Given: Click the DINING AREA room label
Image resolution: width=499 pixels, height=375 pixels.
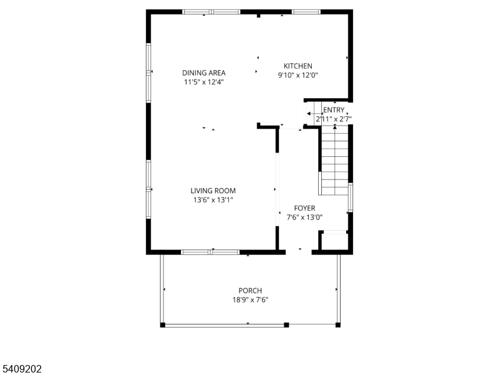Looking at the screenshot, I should pyautogui.click(x=204, y=72).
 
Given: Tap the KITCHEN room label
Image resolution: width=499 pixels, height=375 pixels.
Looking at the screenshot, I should pyautogui.click(x=298, y=66).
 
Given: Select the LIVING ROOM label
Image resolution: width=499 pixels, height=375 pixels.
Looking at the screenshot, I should pyautogui.click(x=213, y=191).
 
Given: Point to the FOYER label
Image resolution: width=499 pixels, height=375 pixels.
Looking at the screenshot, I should pyautogui.click(x=304, y=208).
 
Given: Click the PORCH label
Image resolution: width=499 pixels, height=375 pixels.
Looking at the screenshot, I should pyautogui.click(x=250, y=291).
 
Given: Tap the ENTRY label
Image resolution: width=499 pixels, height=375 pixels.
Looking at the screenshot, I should pyautogui.click(x=334, y=110).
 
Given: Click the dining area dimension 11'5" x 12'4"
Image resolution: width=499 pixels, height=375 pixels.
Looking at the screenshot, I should pyautogui.click(x=204, y=82).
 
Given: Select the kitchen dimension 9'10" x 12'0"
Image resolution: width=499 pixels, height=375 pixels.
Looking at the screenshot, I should pyautogui.click(x=298, y=76).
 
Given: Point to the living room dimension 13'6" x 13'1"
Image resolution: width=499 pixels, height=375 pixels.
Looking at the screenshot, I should pyautogui.click(x=213, y=201).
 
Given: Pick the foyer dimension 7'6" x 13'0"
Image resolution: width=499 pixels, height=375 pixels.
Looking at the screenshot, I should pyautogui.click(x=304, y=217).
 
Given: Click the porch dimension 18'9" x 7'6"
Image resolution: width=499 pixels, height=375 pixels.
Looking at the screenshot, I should pyautogui.click(x=250, y=300).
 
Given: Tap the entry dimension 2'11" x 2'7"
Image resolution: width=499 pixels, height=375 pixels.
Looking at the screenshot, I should pyautogui.click(x=334, y=119).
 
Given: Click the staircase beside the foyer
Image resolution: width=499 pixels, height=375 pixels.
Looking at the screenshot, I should pyautogui.click(x=335, y=160).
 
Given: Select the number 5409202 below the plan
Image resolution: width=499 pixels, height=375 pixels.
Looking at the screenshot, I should pyautogui.click(x=22, y=369).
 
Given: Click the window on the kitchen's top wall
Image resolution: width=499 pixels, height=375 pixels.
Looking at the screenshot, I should pyautogui.click(x=306, y=12).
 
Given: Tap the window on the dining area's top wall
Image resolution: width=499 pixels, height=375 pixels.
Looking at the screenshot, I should pyautogui.click(x=211, y=12).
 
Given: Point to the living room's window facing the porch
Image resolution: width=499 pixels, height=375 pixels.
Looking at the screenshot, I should pyautogui.click(x=210, y=252).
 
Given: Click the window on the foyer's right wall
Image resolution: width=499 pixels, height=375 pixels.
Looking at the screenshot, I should pyautogui.click(x=351, y=197).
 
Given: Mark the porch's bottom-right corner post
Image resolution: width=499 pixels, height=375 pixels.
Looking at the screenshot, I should pyautogui.click(x=338, y=325).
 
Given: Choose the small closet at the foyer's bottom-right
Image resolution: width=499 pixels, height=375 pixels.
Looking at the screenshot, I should pyautogui.click(x=334, y=242).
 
